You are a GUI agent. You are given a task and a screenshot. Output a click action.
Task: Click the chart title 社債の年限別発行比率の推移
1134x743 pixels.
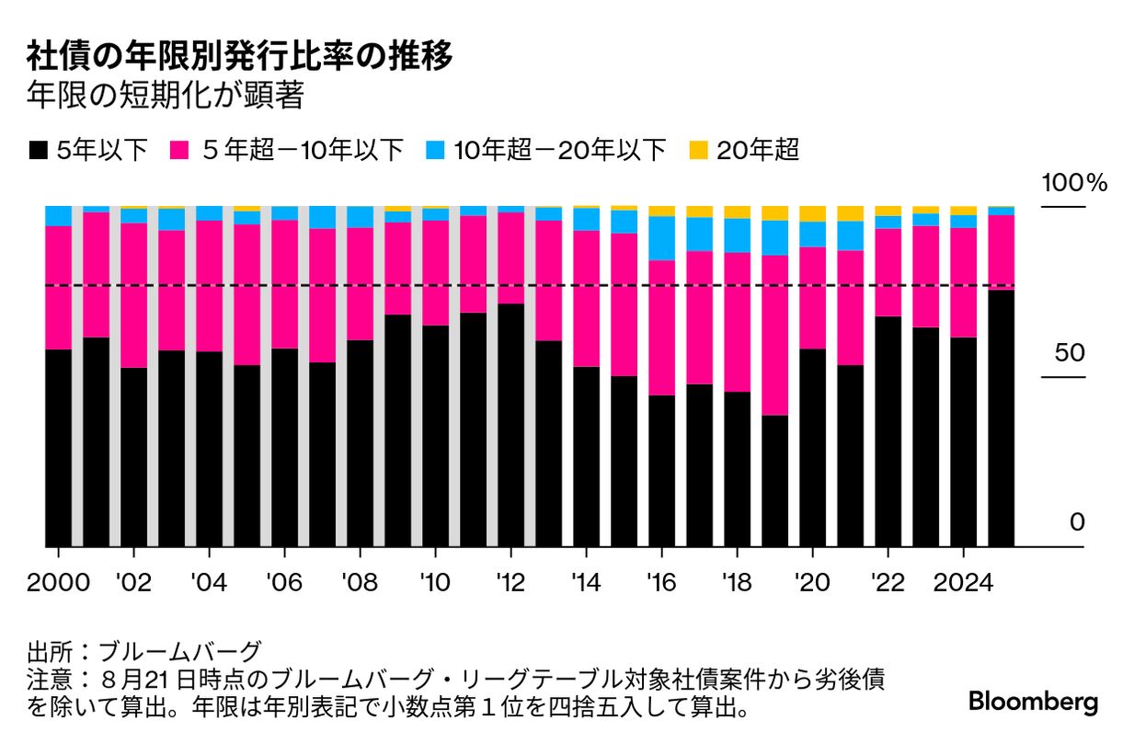(x=239, y=57)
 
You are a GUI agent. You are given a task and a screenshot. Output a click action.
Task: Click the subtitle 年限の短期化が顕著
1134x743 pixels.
(x=166, y=96)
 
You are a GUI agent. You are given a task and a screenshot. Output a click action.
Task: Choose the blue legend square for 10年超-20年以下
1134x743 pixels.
(x=436, y=150)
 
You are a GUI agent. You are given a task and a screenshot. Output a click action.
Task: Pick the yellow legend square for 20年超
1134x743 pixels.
(x=699, y=150)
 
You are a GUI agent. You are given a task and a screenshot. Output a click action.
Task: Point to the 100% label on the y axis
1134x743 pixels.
(x=1073, y=183)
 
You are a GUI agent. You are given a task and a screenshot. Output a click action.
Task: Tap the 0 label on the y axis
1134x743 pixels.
(x=1077, y=523)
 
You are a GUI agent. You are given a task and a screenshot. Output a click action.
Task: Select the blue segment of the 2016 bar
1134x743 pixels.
(x=661, y=238)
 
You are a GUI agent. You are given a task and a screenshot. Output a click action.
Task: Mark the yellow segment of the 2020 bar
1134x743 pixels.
(x=812, y=213)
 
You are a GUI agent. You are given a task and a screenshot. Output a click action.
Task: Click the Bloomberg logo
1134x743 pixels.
(x=1033, y=703)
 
